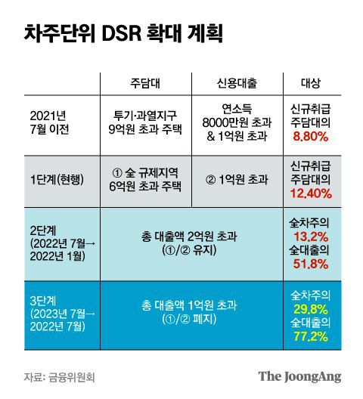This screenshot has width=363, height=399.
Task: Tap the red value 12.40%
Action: point(310,194)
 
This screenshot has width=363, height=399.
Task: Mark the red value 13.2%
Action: point(310,237)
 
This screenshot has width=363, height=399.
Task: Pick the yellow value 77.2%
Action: point(310,335)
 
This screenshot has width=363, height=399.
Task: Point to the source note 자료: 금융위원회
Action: point(65,376)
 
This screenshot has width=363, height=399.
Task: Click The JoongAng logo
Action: point(299,376)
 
